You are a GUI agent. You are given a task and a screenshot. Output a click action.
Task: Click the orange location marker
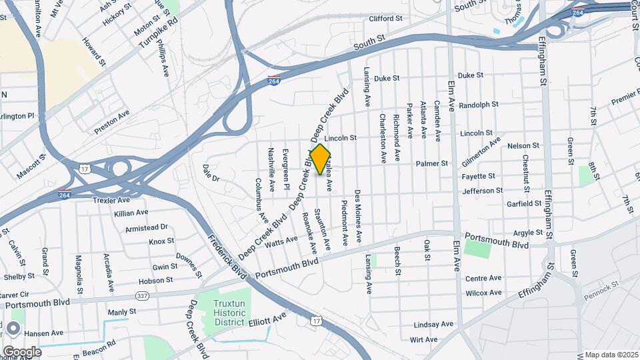click(321, 160)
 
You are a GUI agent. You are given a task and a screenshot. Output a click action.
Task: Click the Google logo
click(21, 351)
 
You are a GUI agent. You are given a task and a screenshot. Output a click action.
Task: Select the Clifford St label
click(387, 19)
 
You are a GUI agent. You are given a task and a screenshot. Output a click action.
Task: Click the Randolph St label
click(479, 105)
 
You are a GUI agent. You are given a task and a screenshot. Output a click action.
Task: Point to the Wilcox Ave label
click(483, 293)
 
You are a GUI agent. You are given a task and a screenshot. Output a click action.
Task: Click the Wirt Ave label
click(424, 339)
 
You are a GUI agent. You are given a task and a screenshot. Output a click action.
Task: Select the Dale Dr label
click(211, 173)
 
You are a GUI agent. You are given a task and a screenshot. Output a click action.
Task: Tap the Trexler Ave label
click(111, 200)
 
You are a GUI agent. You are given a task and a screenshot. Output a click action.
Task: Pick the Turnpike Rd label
click(159, 31)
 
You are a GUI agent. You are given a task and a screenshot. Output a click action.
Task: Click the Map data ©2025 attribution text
click(611, 354)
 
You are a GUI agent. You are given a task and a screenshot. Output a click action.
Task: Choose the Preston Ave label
click(111, 123)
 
